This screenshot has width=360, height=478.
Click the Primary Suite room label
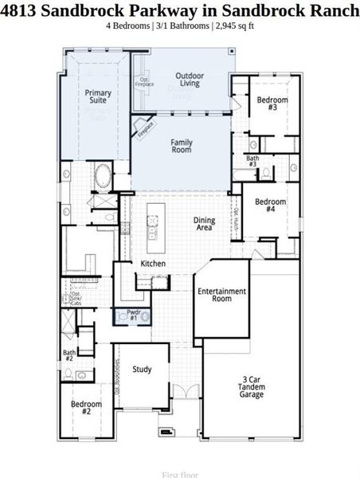tap(98, 97)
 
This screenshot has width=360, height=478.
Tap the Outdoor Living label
tap(190, 80)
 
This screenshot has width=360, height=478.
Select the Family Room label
tap(182, 146)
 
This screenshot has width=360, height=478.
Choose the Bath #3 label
tap(252, 162)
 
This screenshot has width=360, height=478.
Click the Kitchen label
tap(153, 263)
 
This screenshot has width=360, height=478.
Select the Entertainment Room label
tap(221, 295)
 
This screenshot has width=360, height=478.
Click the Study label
tap(142, 369)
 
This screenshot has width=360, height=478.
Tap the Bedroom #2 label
tap(86, 409)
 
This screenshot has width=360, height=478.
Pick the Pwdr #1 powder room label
tap(132, 315)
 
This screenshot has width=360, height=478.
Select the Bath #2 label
tap(69, 355)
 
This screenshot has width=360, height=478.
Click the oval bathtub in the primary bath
tap(103, 175)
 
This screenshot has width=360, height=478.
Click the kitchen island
tap(153, 224)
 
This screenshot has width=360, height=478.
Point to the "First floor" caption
tap(179, 475)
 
